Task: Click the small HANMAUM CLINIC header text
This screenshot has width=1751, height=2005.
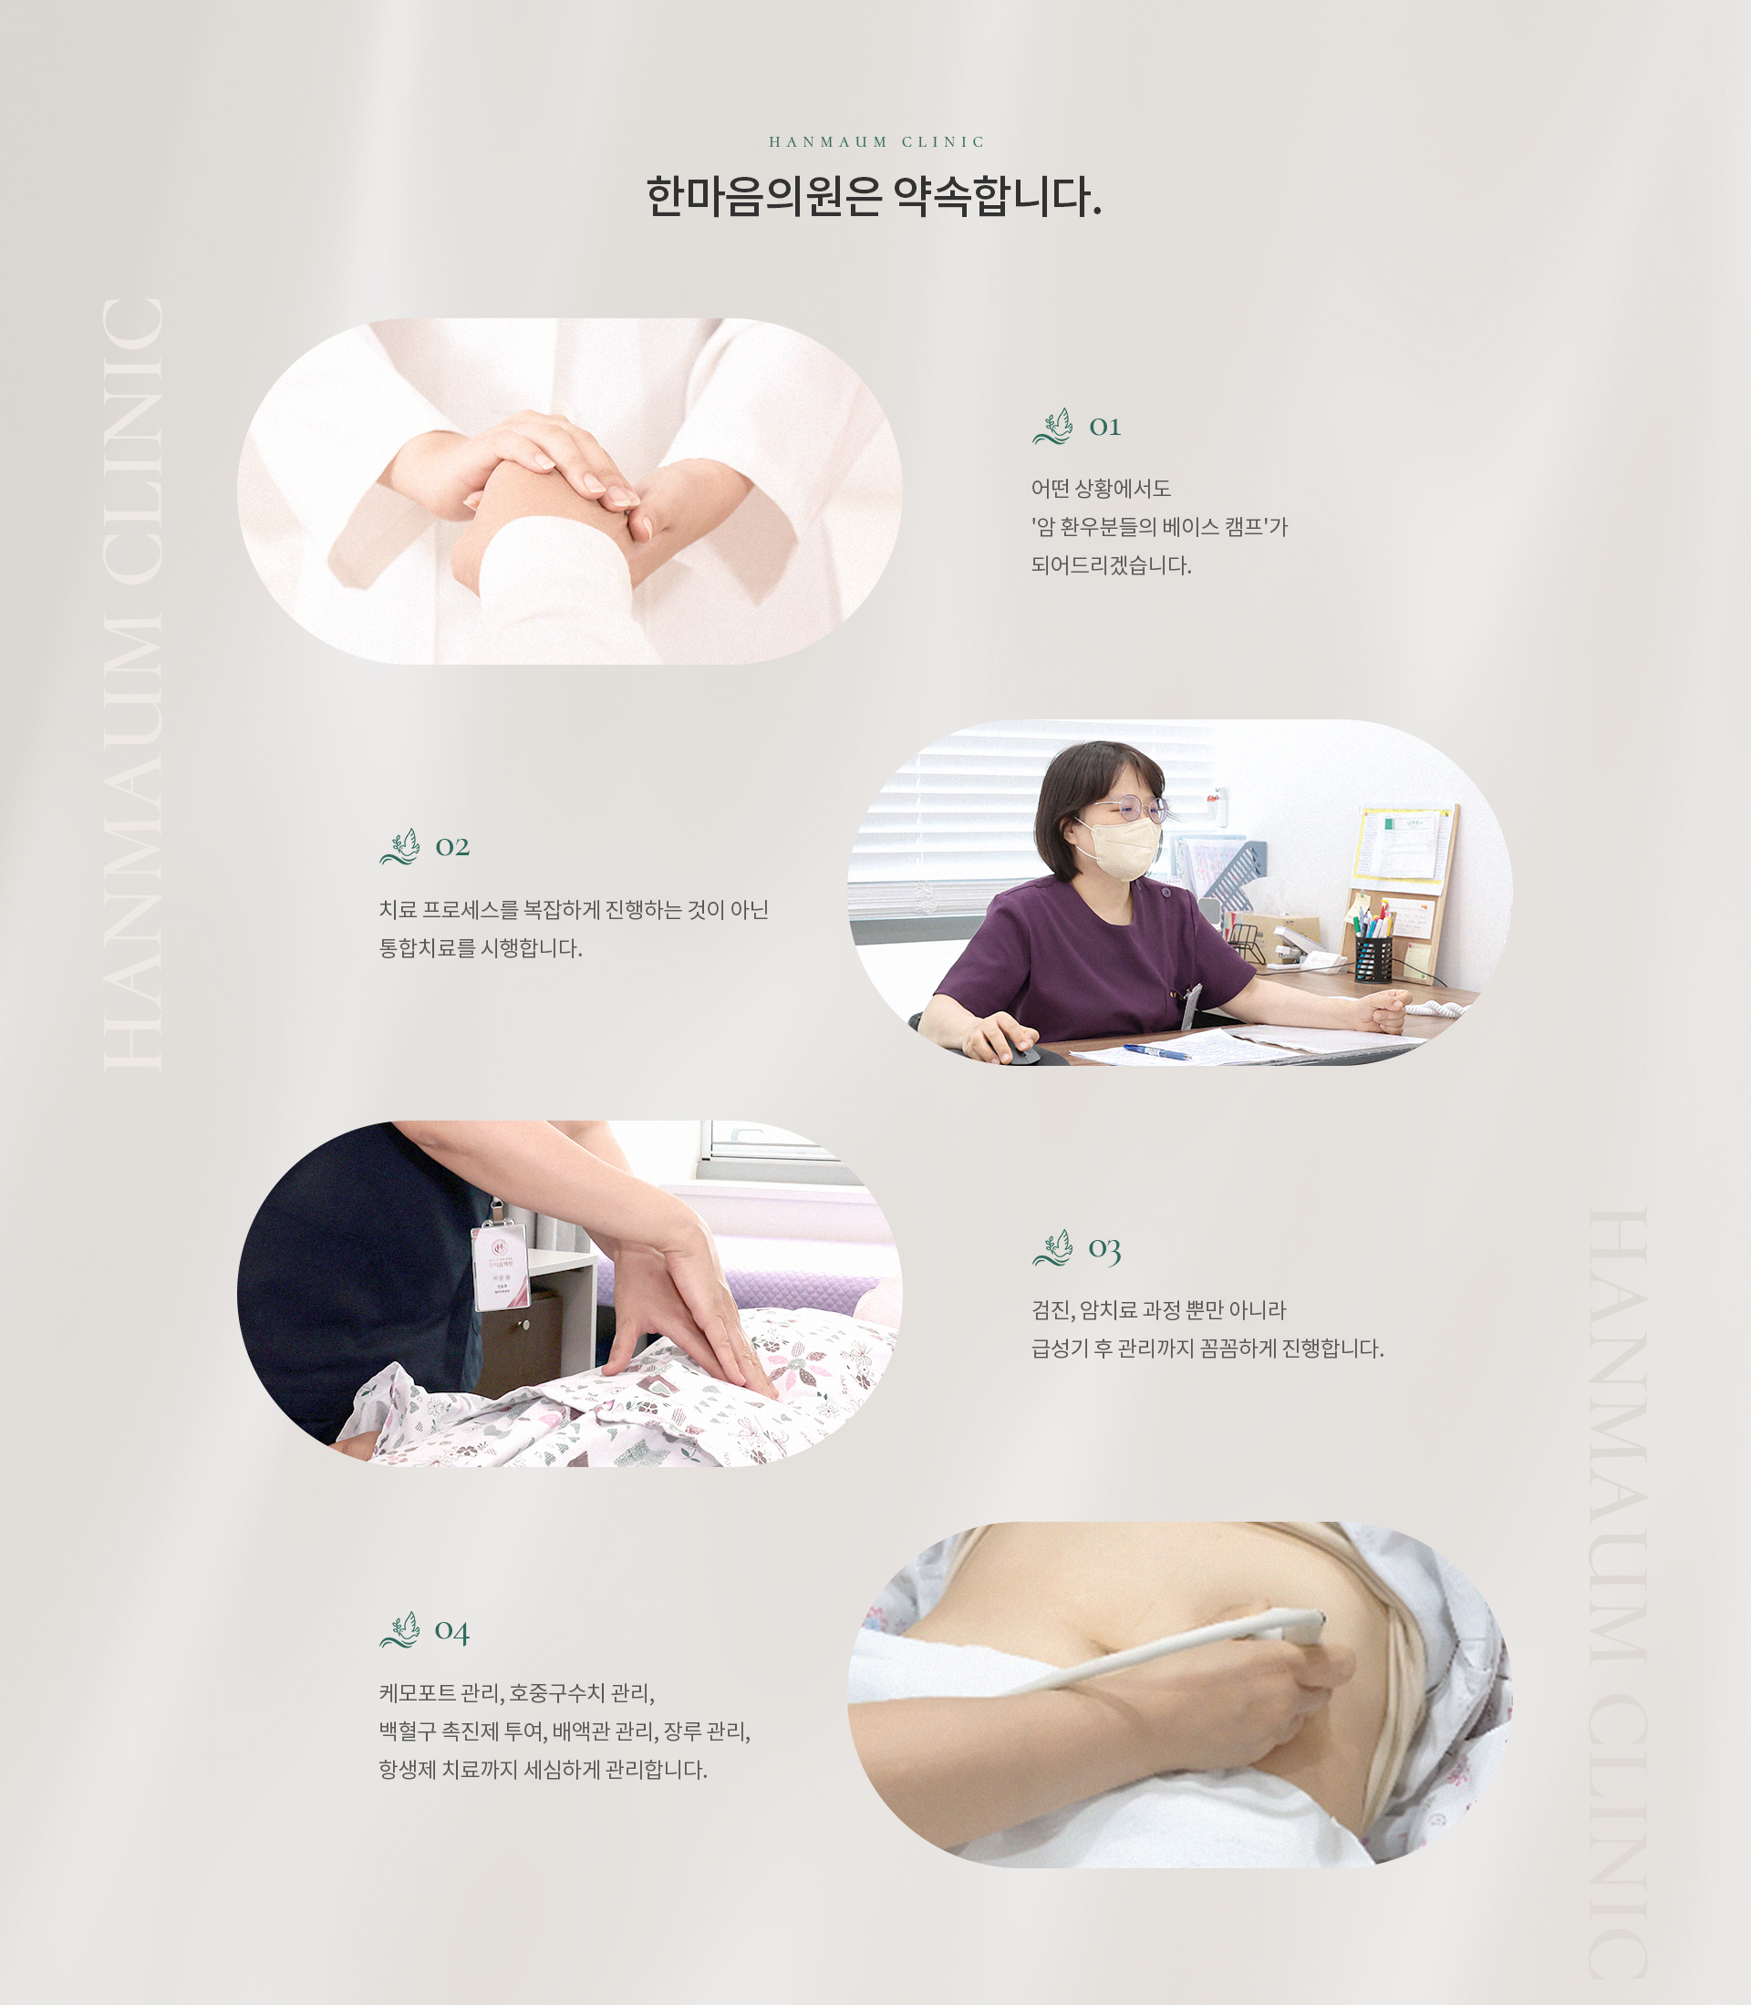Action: coord(876,141)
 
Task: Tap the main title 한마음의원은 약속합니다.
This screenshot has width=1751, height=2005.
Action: coord(874,197)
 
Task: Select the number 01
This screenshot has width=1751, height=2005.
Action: coord(1104,427)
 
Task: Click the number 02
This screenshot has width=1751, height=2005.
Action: coord(452,846)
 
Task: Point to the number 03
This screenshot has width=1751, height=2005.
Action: coord(1104,1249)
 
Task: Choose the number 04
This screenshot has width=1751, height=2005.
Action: coord(451,1631)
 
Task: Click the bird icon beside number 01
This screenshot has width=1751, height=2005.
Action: coord(1053,427)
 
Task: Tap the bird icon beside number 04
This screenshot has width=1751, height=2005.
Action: coord(399,1629)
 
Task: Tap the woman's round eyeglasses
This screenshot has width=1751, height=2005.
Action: coord(1134,808)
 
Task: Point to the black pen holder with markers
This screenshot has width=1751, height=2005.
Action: coord(1372,956)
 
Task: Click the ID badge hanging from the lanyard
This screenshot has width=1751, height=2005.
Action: coord(502,1266)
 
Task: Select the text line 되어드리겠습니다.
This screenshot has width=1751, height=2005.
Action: coord(1111,564)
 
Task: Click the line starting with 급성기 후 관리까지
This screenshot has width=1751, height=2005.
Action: coord(1207,1349)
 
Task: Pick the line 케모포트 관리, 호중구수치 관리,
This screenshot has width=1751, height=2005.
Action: coord(516,1692)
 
